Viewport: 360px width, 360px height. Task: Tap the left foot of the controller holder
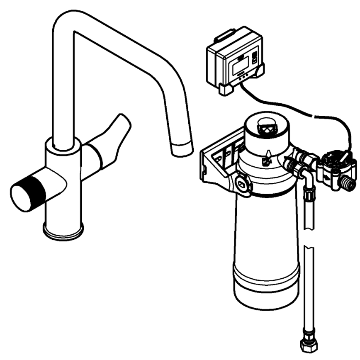pos(226,89)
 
